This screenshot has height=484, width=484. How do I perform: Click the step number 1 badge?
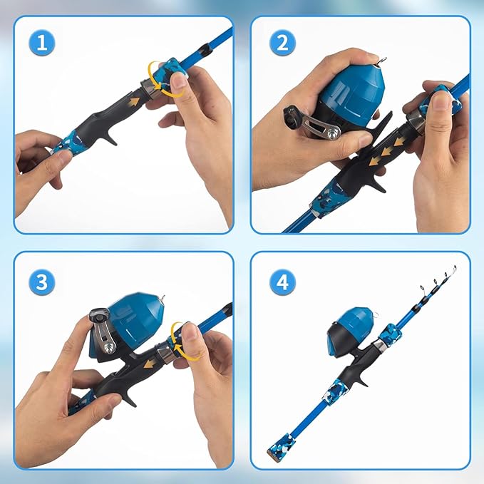pos(42,43)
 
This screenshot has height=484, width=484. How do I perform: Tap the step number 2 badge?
pos(282,43)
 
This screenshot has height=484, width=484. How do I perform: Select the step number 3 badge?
pos(42,282)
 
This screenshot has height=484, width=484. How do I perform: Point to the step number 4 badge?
pos(282,282)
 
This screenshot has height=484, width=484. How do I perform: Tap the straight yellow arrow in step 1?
pos(131,103)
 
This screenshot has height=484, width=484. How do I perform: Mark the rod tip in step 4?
pos(453,269)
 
